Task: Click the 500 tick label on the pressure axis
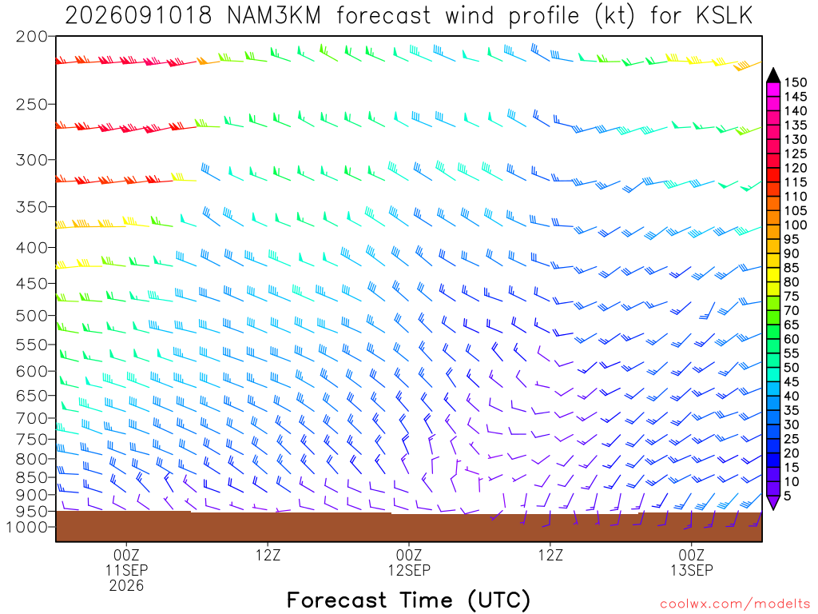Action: click(31, 315)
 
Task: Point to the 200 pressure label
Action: click(31, 37)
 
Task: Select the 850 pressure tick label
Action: click(31, 477)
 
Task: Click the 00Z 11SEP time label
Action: click(126, 562)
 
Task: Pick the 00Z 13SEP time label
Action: click(692, 562)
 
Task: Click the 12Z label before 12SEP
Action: click(268, 555)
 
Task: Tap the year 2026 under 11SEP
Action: click(126, 585)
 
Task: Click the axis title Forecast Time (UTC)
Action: click(408, 600)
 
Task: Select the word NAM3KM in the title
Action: click(274, 16)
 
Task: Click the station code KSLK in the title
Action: click(724, 16)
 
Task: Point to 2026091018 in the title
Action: click(138, 16)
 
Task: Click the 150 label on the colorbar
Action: click(796, 82)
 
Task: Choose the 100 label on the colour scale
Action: click(796, 225)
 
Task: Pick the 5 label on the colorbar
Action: click(788, 496)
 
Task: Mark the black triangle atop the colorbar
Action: click(773, 75)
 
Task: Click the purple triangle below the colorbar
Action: click(773, 502)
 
